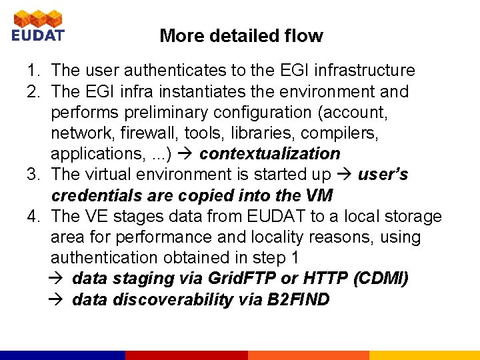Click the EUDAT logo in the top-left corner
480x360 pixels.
[x=37, y=25]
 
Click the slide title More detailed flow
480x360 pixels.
[x=241, y=36]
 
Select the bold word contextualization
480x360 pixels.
[x=269, y=153]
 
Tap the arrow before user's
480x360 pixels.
[x=345, y=175]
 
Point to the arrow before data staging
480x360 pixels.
[x=58, y=279]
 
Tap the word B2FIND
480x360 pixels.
[x=298, y=300]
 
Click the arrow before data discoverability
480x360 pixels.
[x=58, y=300]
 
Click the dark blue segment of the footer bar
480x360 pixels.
[x=63, y=355]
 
